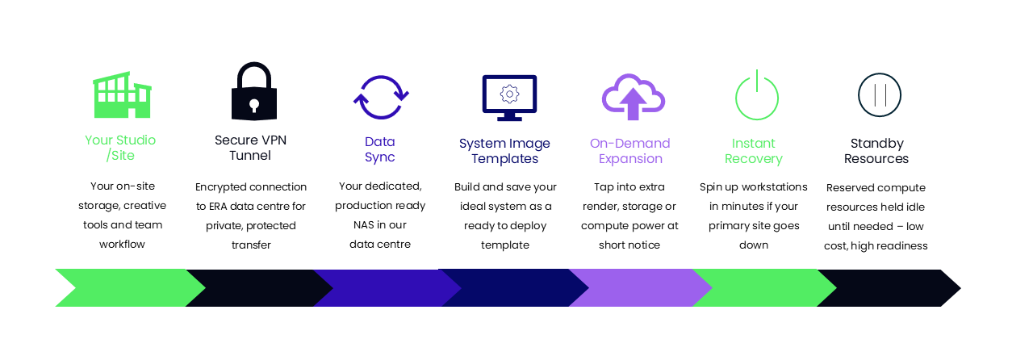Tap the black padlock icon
pos(254,91)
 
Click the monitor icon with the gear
pos(509,98)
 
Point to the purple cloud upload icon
pos(634,98)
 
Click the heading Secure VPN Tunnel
pos(250,148)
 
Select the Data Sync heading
pos(380,149)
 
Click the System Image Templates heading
pos(504,151)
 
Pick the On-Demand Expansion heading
pos(630,151)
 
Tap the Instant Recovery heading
pos(754,151)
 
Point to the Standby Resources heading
pos(876,151)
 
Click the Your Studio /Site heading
pos(120,148)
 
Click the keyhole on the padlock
pos(254,105)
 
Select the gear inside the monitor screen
pos(509,94)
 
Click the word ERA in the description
pos(218,207)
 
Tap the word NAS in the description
pos(363,224)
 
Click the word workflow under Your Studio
pos(122,244)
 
